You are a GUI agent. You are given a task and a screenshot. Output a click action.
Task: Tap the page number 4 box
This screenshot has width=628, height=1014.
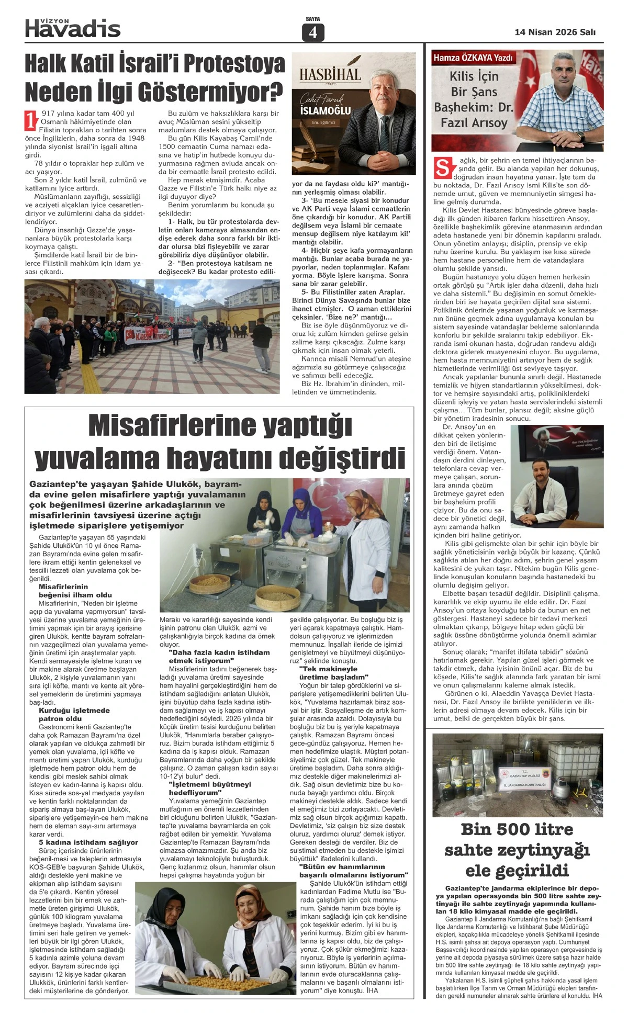coord(313,33)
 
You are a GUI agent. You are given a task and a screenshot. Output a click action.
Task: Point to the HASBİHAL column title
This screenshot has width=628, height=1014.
coord(330,74)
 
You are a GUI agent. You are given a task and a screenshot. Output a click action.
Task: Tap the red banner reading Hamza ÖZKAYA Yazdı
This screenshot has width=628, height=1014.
coord(473,58)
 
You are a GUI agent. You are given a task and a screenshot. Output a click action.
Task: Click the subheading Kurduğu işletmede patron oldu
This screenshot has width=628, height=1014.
coord(74,714)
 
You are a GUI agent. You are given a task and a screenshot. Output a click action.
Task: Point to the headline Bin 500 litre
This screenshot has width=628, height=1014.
coord(517,829)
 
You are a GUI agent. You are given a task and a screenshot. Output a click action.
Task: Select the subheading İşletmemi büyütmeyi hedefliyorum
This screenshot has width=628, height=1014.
coord(203,788)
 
